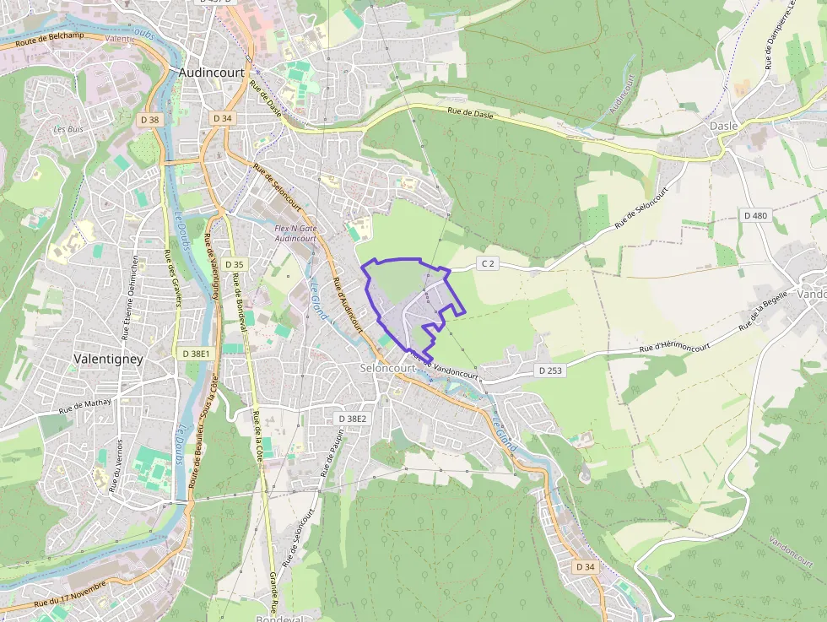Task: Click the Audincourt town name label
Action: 212,73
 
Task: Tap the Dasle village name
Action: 723,126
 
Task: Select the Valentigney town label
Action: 109,359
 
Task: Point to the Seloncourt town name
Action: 387,369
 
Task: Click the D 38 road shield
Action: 149,120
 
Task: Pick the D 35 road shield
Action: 234,264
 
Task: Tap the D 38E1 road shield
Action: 196,353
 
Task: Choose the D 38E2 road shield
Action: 353,419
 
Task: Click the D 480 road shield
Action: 755,216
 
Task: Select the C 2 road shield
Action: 487,264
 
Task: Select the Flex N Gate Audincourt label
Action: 295,234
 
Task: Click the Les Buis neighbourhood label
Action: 68,129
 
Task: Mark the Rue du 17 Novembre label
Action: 71,594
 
